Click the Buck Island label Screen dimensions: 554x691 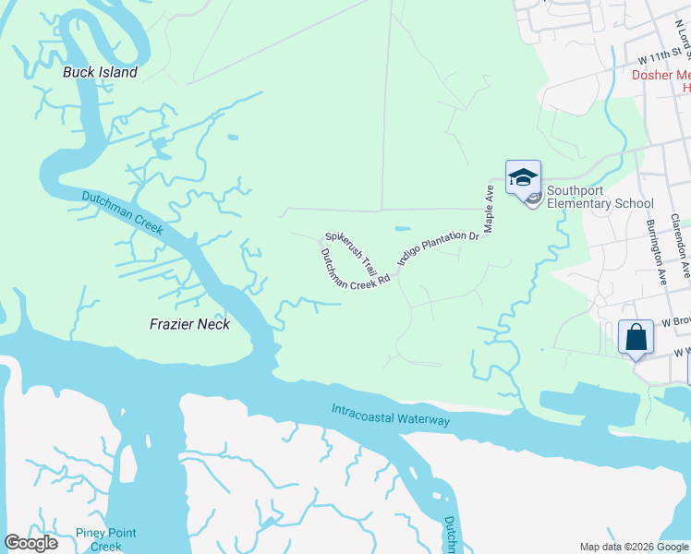[x=100, y=72]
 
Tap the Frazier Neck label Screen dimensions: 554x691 [x=189, y=324]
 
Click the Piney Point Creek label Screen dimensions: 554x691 [x=106, y=540]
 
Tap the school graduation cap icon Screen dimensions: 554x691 [x=523, y=177]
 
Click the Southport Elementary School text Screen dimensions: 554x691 [x=600, y=198]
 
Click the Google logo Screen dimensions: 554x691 [x=30, y=543]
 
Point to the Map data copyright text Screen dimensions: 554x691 [x=634, y=547]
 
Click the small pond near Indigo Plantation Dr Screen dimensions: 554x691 [x=403, y=227]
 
